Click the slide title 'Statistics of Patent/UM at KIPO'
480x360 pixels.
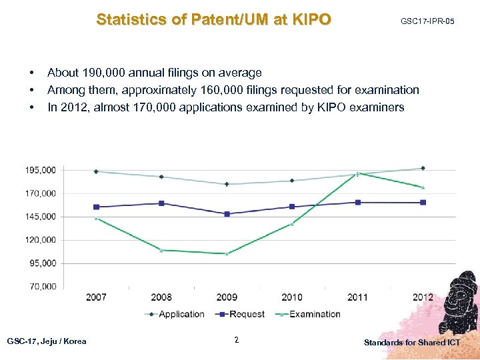click(213, 19)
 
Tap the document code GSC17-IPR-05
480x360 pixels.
click(427, 22)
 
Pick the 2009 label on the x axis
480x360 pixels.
click(227, 297)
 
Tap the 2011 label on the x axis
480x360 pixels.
click(357, 297)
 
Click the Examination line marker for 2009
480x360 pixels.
click(227, 253)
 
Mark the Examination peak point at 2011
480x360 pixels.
click(357, 173)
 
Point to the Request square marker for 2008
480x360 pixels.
click(161, 203)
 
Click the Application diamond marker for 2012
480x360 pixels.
click(423, 168)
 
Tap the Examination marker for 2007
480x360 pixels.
click(96, 217)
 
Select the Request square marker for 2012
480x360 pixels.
click(423, 203)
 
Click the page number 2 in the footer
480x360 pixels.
click(237, 341)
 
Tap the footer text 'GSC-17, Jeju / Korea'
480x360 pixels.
click(46, 341)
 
